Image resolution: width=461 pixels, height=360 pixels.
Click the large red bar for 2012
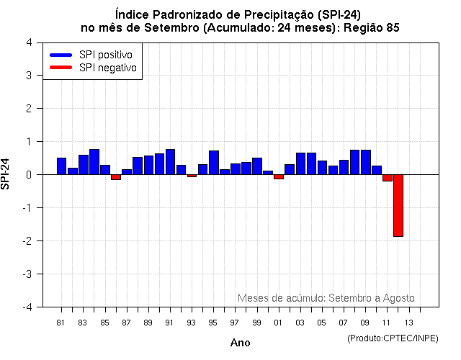point(398,205)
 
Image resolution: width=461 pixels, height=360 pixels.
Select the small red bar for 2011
point(387,178)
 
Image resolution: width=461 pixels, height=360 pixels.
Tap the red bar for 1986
point(116,177)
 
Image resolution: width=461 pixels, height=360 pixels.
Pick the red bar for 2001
point(279,176)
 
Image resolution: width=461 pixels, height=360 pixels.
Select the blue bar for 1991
point(170,162)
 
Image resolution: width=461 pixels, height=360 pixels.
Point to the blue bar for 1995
point(214,163)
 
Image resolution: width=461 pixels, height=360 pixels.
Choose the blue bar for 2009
point(365,162)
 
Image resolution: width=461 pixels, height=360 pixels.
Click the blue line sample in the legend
point(61,55)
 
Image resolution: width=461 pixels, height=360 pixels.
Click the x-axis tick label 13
point(408,322)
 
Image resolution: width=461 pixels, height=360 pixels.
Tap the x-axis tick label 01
point(279,322)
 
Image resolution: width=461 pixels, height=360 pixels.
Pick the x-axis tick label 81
point(61,322)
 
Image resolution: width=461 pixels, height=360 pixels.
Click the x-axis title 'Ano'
point(240,343)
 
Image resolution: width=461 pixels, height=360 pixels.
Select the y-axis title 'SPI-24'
point(6,174)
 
